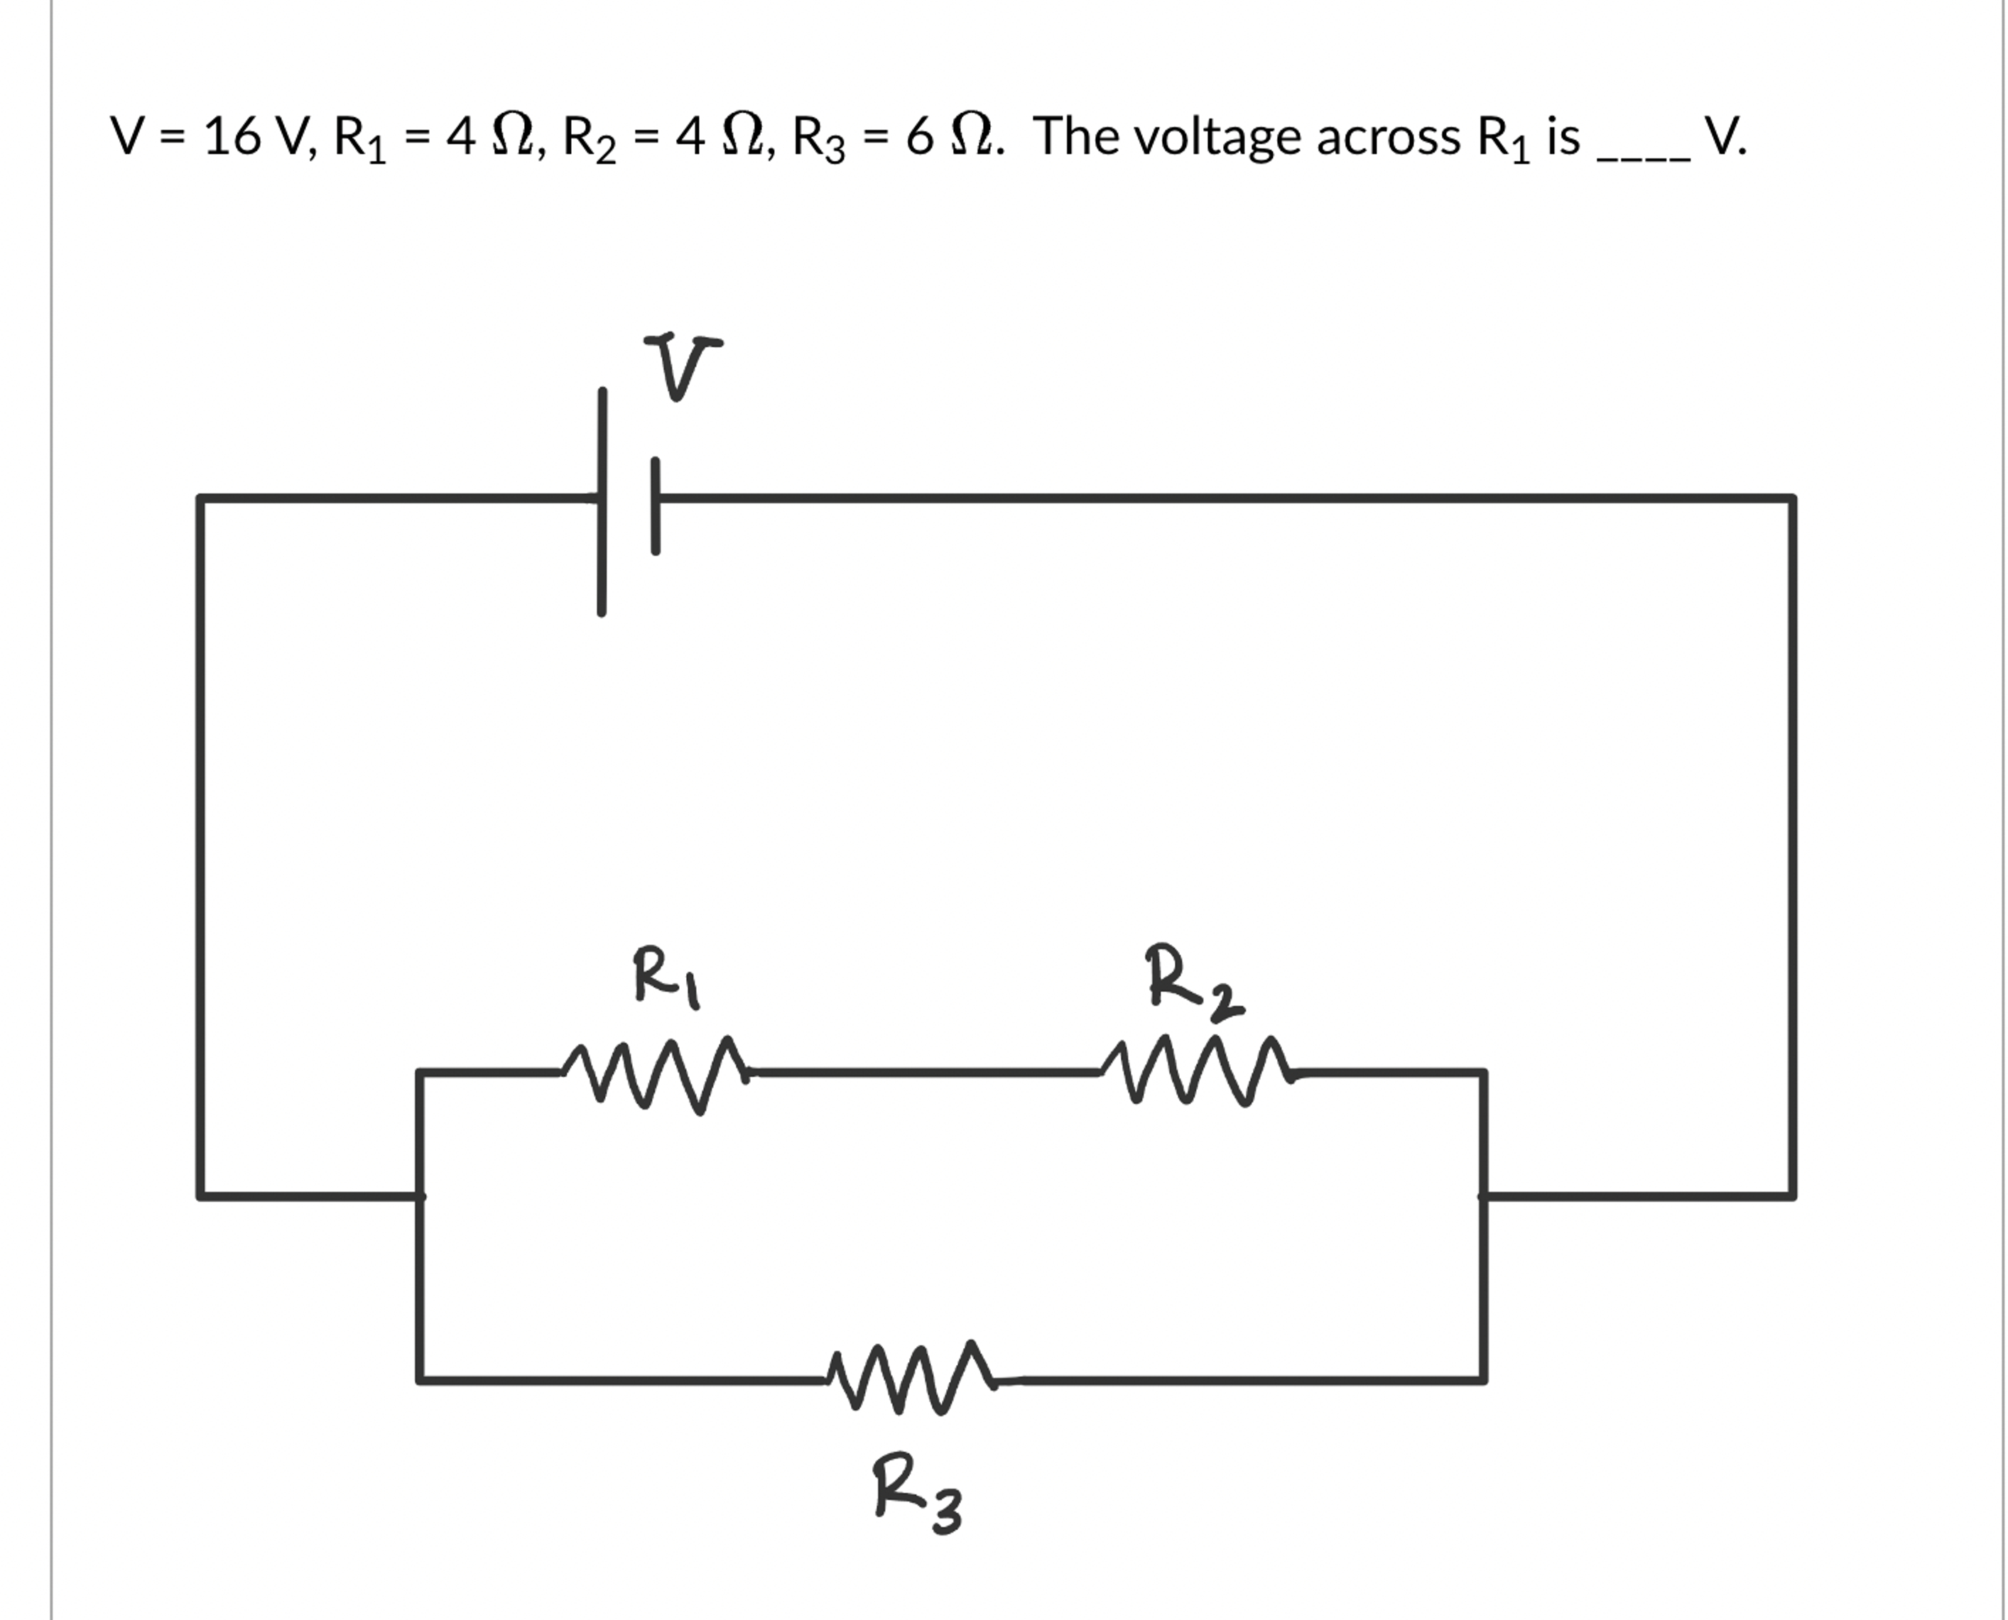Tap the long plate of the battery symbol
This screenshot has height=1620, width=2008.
(602, 502)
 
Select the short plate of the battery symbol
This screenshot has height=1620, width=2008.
(656, 505)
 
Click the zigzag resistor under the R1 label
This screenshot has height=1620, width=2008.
(656, 1073)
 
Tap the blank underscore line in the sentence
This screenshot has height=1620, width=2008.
(1643, 158)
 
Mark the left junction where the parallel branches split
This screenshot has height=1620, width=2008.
(420, 1195)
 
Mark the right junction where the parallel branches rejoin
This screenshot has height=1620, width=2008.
(1483, 1195)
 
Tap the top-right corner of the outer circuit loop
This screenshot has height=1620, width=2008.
(1791, 499)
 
